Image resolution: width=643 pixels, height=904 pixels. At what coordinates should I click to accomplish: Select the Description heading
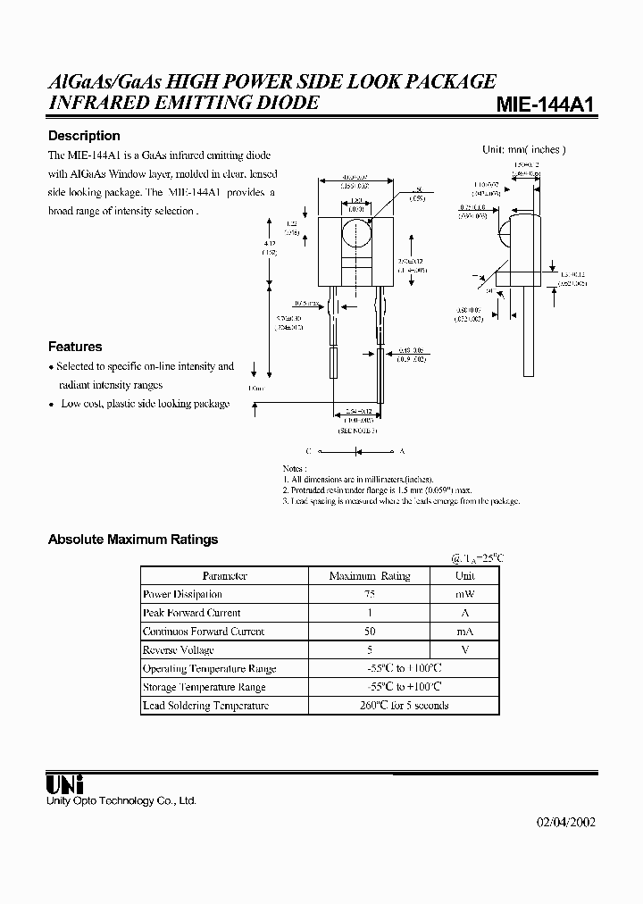click(x=84, y=136)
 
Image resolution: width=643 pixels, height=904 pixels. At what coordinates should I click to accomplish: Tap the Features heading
click(x=75, y=347)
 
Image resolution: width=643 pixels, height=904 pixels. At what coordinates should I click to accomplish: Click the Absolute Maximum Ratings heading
click(x=132, y=540)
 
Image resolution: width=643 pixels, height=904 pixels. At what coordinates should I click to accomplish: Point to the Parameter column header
click(x=224, y=576)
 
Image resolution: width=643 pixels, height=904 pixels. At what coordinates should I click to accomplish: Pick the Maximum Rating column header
click(x=370, y=576)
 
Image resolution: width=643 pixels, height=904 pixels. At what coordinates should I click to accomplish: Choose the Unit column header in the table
click(x=465, y=576)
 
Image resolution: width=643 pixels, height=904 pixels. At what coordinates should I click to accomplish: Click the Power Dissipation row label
click(x=182, y=594)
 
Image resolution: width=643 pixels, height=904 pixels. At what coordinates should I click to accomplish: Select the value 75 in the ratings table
click(x=370, y=594)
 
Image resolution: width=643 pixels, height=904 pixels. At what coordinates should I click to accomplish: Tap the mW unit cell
click(x=465, y=594)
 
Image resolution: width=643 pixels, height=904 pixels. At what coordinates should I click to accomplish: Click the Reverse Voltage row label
click(x=179, y=649)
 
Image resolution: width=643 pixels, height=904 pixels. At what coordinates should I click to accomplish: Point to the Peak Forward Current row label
click(x=191, y=613)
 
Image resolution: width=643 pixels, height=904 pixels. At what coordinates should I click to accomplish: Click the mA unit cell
click(x=465, y=632)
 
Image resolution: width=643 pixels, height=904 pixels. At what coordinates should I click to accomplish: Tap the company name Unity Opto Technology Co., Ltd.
click(x=121, y=801)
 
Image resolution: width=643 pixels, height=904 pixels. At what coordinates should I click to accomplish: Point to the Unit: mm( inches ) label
click(x=524, y=150)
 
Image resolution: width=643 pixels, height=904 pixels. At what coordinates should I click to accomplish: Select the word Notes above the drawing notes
click(x=295, y=468)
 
